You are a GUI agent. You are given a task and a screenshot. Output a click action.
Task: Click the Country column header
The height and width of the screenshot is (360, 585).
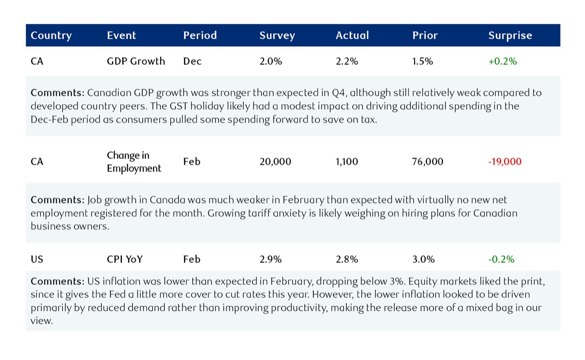tap(51, 36)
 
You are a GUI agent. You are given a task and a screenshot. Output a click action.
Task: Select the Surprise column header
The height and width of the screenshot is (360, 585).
tap(510, 35)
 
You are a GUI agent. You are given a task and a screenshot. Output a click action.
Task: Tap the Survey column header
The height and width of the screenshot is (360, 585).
tap(277, 36)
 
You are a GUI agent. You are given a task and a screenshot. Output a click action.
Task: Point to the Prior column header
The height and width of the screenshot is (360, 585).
tap(425, 35)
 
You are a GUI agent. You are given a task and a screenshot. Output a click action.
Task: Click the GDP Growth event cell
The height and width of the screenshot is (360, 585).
tap(136, 61)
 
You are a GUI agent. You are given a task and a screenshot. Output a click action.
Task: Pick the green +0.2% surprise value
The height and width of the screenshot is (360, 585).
tap(502, 61)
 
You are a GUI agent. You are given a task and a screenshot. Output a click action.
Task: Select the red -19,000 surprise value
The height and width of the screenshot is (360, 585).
tap(505, 162)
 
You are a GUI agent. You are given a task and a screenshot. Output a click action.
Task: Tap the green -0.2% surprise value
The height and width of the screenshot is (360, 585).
tap(501, 259)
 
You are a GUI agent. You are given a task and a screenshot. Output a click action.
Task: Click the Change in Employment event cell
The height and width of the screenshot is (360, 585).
tap(134, 162)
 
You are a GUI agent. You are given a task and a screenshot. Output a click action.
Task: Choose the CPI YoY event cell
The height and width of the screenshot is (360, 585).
tap(125, 259)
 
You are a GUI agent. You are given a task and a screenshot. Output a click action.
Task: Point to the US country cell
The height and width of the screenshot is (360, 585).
tap(37, 259)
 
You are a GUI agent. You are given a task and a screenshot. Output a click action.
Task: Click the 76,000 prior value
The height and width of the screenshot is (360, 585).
tap(427, 162)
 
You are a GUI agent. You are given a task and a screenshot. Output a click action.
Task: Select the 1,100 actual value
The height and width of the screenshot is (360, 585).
tap(347, 162)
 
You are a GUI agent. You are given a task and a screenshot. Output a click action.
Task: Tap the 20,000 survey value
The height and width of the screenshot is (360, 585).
tap(275, 162)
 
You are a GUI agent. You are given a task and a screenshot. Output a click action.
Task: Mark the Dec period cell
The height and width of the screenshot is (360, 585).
tap(192, 61)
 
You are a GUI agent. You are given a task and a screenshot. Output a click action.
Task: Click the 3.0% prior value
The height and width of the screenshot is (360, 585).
tap(423, 259)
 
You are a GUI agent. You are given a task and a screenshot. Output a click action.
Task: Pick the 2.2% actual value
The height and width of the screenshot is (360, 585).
tap(347, 61)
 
